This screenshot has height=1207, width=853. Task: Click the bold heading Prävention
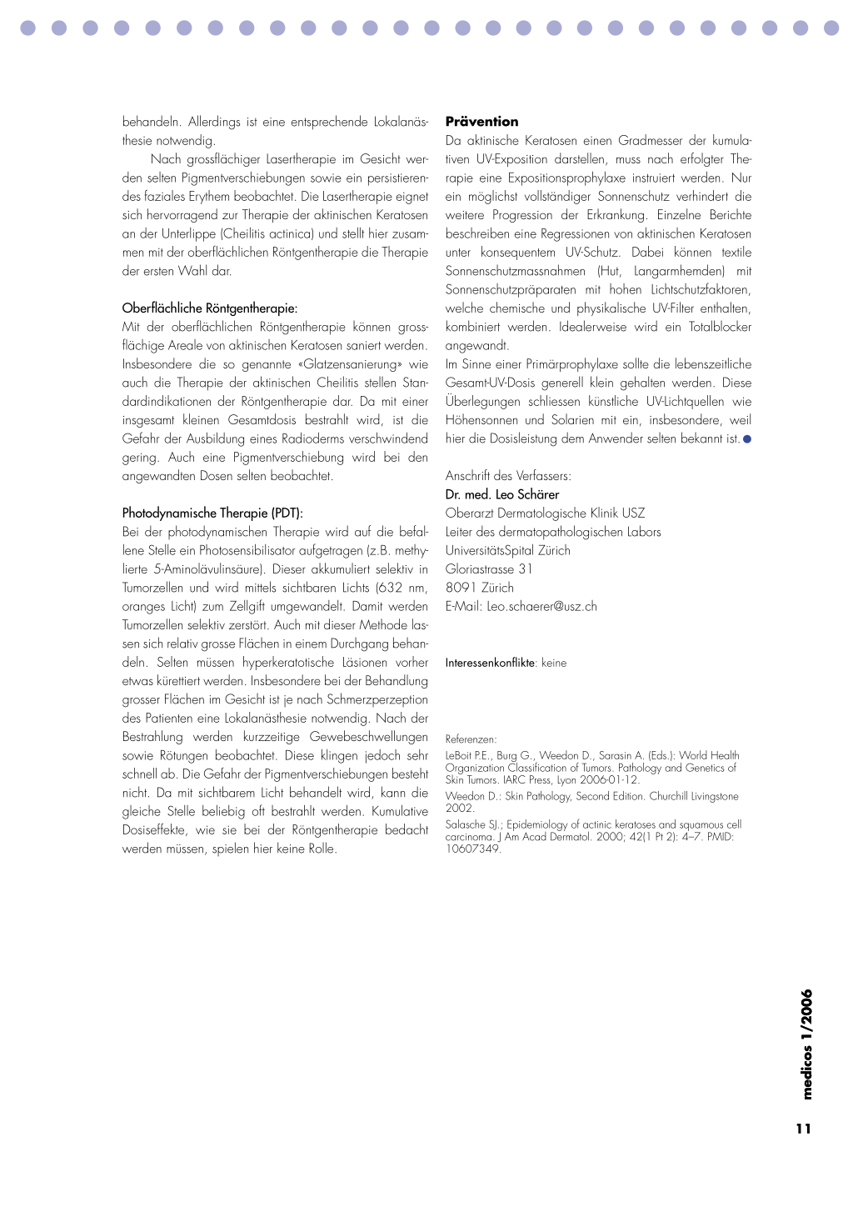(481, 122)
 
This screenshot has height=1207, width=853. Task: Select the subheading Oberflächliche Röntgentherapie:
(209, 308)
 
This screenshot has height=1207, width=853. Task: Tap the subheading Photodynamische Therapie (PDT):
(212, 513)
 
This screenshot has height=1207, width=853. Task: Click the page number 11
(803, 1129)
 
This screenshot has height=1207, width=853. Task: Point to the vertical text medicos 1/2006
(806, 1045)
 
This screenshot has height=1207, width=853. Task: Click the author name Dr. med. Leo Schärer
(502, 494)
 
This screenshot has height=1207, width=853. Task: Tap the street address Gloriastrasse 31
(489, 569)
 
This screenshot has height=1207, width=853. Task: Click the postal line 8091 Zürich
(480, 588)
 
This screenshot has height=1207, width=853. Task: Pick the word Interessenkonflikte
(490, 664)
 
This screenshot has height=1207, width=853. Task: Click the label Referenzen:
(471, 739)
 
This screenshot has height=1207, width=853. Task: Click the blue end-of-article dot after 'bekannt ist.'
(747, 439)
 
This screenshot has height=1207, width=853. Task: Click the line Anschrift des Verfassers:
(508, 476)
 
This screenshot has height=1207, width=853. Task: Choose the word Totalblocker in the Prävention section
(720, 328)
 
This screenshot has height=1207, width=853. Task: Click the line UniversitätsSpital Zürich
(508, 551)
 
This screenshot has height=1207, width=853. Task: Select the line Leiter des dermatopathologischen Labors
(553, 532)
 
